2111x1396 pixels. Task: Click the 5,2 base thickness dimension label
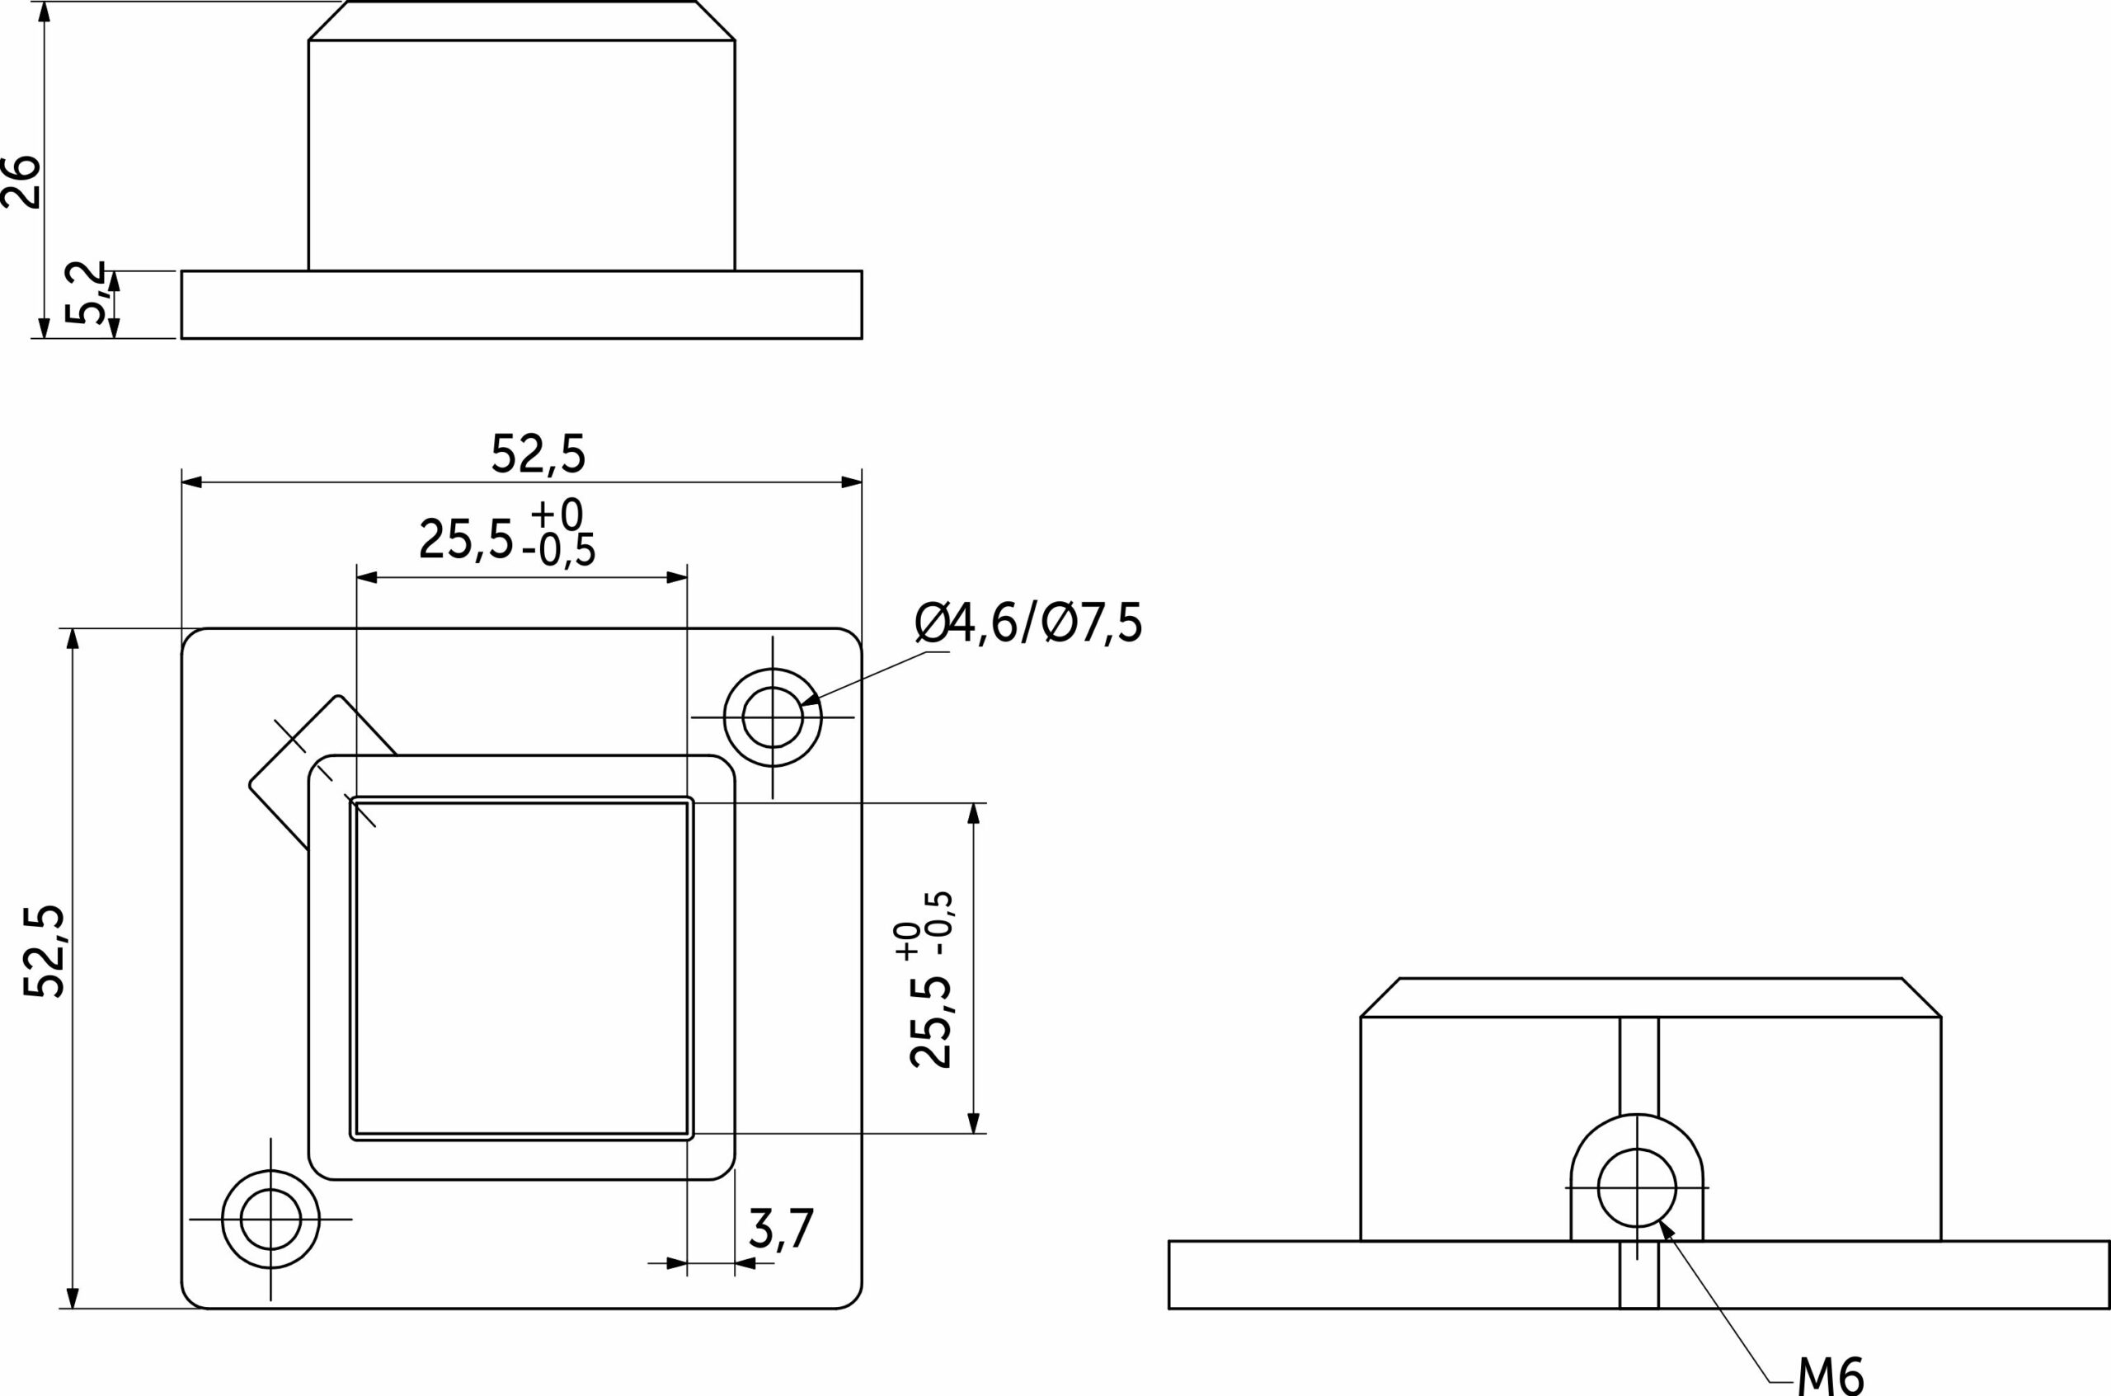(x=85, y=293)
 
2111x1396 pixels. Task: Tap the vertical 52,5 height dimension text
(x=45, y=952)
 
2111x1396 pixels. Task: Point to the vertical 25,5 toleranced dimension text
(x=931, y=980)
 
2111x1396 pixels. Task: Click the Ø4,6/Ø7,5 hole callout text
(x=1027, y=623)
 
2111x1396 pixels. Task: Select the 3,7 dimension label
(x=781, y=1229)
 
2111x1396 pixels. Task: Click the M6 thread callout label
(x=1829, y=1376)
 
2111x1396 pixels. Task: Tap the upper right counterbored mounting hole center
(x=773, y=717)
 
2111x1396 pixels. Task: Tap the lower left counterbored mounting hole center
(x=270, y=1219)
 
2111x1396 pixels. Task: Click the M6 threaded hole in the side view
(x=1637, y=1187)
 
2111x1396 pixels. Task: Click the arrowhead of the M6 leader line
(x=1666, y=1229)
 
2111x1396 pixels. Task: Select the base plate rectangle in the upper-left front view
(x=521, y=304)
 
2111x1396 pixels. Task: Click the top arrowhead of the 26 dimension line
(x=45, y=12)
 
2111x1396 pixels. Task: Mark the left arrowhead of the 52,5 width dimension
(x=191, y=482)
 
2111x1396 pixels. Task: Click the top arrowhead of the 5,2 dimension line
(x=114, y=280)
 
